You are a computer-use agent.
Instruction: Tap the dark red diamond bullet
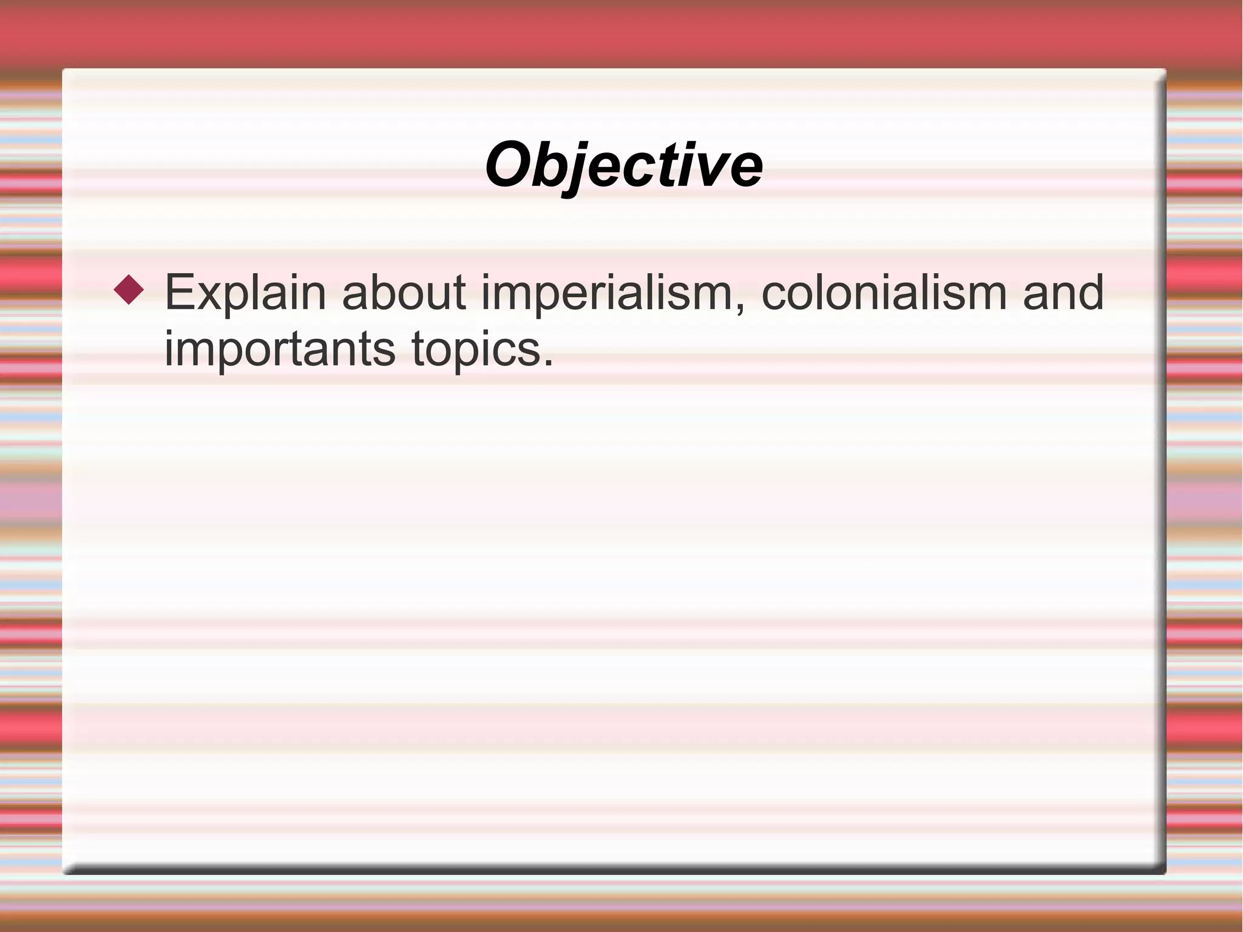pos(129,290)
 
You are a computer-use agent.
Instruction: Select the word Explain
pos(245,293)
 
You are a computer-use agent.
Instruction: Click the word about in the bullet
pos(404,293)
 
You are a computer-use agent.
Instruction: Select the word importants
pos(280,350)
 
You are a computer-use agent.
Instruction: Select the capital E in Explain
pos(178,293)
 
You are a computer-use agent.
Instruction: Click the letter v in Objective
pos(713,169)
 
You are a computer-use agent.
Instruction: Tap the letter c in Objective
pos(634,169)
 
